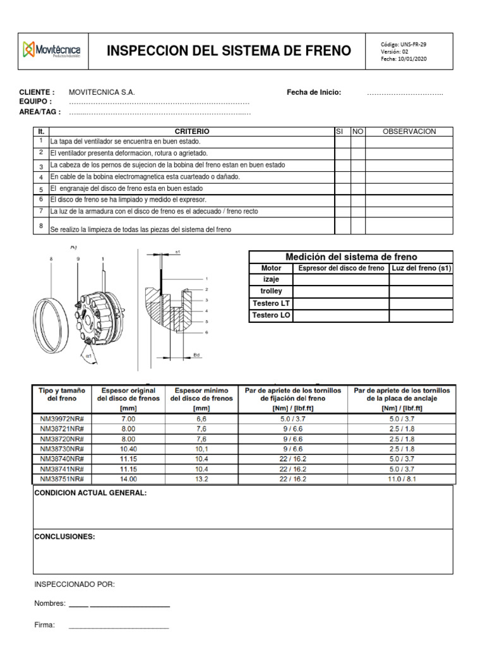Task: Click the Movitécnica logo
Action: pyautogui.click(x=55, y=49)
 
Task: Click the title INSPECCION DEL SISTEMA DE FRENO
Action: pyautogui.click(x=229, y=51)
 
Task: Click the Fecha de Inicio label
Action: pyautogui.click(x=314, y=92)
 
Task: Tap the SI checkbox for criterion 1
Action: pyautogui.click(x=342, y=142)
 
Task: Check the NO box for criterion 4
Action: pyautogui.click(x=358, y=177)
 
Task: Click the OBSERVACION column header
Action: pyautogui.click(x=409, y=131)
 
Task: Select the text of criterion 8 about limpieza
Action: pyautogui.click(x=140, y=229)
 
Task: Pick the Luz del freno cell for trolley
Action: pyautogui.click(x=421, y=291)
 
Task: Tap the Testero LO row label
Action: pyautogui.click(x=271, y=315)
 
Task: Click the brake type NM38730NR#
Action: pyautogui.click(x=62, y=449)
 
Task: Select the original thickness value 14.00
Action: pyautogui.click(x=128, y=479)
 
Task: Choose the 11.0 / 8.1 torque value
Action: pyautogui.click(x=402, y=479)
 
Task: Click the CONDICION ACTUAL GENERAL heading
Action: pyautogui.click(x=90, y=493)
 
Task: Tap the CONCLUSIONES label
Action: pyautogui.click(x=64, y=537)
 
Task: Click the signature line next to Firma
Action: pyautogui.click(x=118, y=627)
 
